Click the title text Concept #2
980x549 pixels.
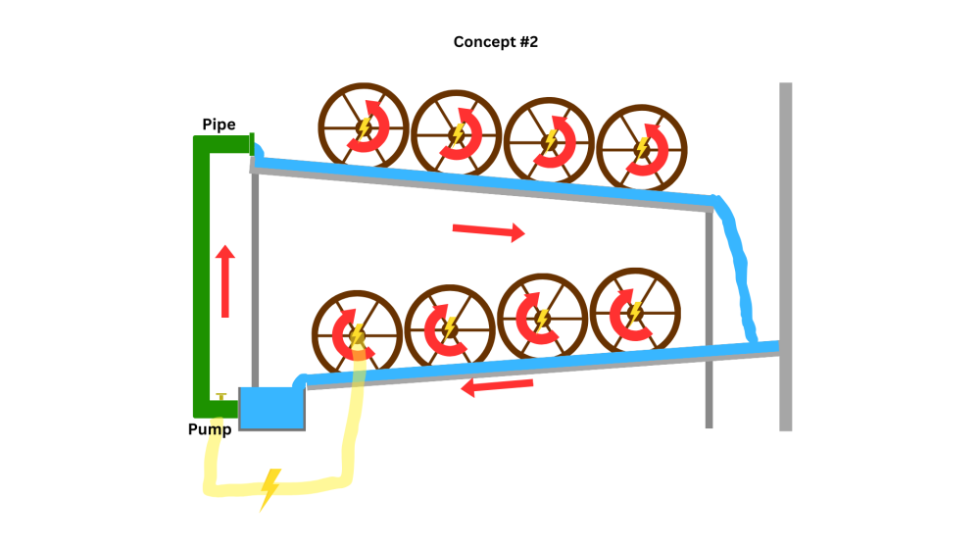[x=496, y=42]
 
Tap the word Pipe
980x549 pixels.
[x=219, y=125]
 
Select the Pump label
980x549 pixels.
[x=210, y=429]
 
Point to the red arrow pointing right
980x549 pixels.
[x=488, y=231]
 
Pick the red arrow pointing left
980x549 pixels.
[x=497, y=386]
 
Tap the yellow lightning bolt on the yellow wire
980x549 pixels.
[x=269, y=487]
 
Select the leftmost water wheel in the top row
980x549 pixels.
[x=364, y=126]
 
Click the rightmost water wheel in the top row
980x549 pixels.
[x=642, y=148]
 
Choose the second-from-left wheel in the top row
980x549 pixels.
[x=457, y=134]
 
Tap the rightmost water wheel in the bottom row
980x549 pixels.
[x=634, y=313]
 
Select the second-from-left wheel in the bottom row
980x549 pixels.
[x=450, y=327]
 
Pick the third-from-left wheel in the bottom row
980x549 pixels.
[x=542, y=320]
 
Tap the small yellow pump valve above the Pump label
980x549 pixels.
[x=222, y=396]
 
